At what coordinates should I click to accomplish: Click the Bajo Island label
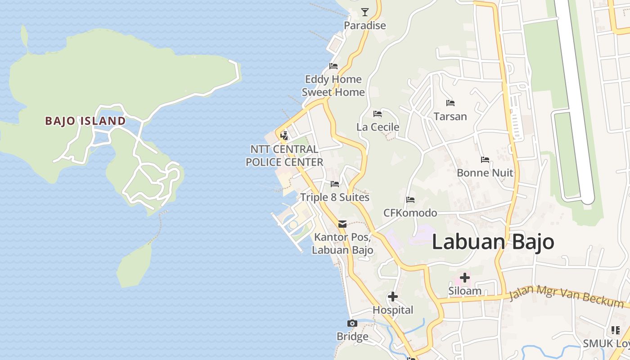click(85, 121)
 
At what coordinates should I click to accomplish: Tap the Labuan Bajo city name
click(493, 242)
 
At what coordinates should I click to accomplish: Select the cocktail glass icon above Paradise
click(364, 12)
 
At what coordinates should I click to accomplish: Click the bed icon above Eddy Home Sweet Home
click(333, 66)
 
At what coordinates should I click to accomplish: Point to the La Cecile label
click(378, 127)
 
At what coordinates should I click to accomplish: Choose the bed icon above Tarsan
click(450, 103)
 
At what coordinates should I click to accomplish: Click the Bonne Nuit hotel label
click(485, 173)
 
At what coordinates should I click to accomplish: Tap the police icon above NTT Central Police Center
click(284, 135)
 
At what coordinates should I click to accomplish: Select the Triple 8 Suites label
click(334, 197)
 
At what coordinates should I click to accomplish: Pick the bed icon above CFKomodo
click(410, 199)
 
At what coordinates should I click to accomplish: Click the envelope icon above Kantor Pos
click(342, 224)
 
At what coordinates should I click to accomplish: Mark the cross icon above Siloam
click(464, 278)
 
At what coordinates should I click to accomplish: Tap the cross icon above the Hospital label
click(392, 297)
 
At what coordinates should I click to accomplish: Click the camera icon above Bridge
click(352, 323)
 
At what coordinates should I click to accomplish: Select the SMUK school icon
click(615, 330)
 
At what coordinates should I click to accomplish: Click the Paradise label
click(364, 25)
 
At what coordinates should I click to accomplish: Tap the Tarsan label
click(450, 117)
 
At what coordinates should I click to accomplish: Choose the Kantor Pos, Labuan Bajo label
click(342, 243)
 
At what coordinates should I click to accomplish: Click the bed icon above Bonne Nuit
click(485, 159)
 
